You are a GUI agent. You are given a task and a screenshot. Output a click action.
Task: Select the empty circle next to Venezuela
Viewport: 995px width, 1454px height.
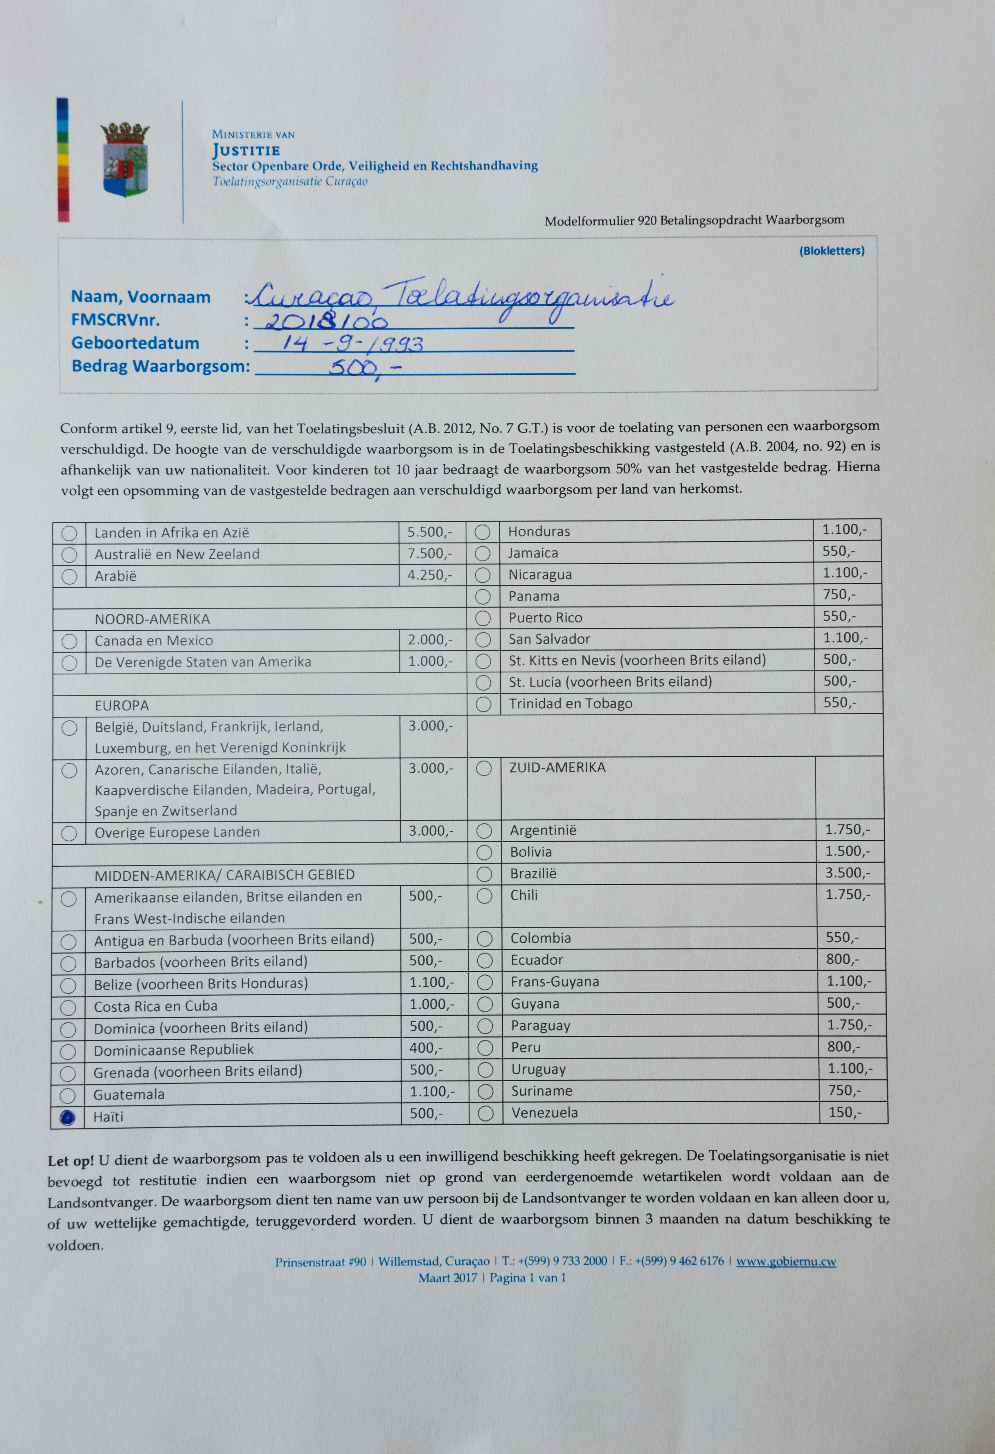tap(485, 1113)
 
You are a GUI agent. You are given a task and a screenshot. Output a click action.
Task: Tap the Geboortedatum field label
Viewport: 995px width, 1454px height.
tap(135, 343)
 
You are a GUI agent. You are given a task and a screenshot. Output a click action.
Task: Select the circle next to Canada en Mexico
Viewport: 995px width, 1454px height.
tap(69, 641)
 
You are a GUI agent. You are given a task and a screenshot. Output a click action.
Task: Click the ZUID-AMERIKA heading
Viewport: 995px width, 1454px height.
tap(557, 768)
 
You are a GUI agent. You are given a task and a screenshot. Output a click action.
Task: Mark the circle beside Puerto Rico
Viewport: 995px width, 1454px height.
tap(483, 618)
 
